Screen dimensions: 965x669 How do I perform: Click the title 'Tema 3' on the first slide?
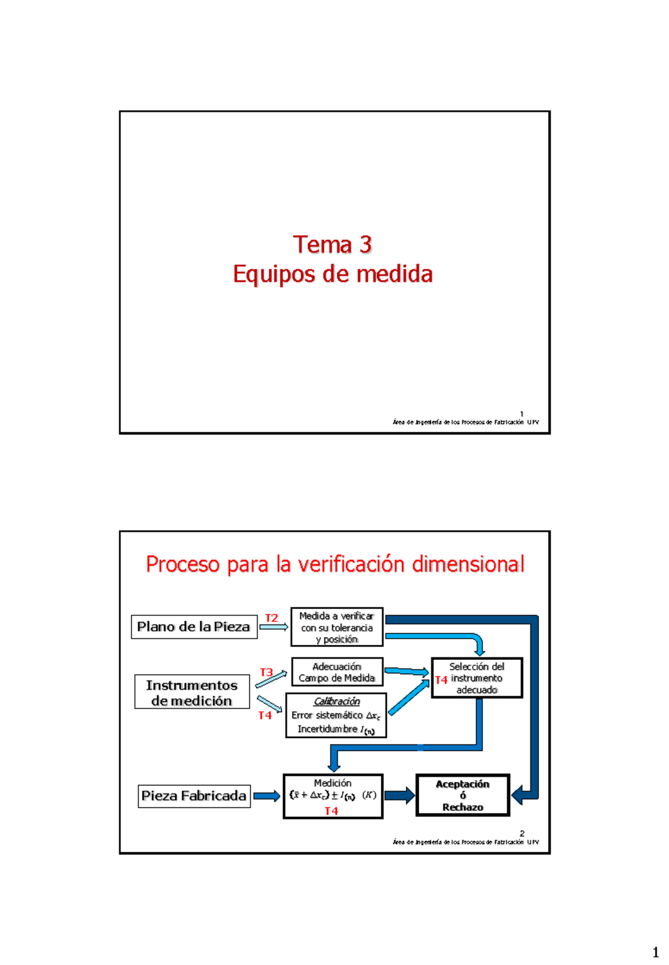pyautogui.click(x=332, y=245)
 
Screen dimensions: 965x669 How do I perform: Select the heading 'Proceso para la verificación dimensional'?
pyautogui.click(x=334, y=564)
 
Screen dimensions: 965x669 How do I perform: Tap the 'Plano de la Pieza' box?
pyautogui.click(x=193, y=627)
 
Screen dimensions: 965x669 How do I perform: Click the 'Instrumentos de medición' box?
pyautogui.click(x=192, y=692)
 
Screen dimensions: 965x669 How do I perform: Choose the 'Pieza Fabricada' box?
pyautogui.click(x=193, y=796)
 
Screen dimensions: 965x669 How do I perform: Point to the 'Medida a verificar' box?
pyautogui.click(x=337, y=627)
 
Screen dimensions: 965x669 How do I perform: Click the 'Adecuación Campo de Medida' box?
pyautogui.click(x=337, y=672)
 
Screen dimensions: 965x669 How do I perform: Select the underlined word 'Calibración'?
pyautogui.click(x=337, y=701)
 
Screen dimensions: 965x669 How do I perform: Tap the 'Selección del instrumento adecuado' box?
pyautogui.click(x=477, y=678)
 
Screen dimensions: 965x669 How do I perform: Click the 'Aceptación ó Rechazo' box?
pyautogui.click(x=463, y=795)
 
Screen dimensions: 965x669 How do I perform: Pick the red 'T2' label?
pyautogui.click(x=272, y=618)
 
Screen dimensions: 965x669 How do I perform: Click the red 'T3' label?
pyautogui.click(x=266, y=672)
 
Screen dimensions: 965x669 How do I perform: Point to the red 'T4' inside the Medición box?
pyautogui.click(x=331, y=811)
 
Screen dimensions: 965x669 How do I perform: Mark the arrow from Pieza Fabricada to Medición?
pyautogui.click(x=266, y=796)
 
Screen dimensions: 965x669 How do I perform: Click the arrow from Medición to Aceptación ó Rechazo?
pyautogui.click(x=399, y=795)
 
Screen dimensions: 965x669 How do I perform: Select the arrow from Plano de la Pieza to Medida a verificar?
pyautogui.click(x=273, y=627)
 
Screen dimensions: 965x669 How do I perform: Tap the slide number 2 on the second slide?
pyautogui.click(x=522, y=833)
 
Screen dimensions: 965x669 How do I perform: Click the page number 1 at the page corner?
pyautogui.click(x=656, y=952)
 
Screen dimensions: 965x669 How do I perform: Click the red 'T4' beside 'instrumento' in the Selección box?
pyautogui.click(x=441, y=679)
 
